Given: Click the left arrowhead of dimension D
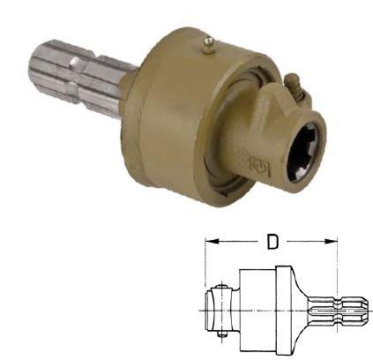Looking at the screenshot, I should coord(210,239).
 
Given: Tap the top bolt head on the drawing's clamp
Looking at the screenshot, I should coord(219,287).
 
